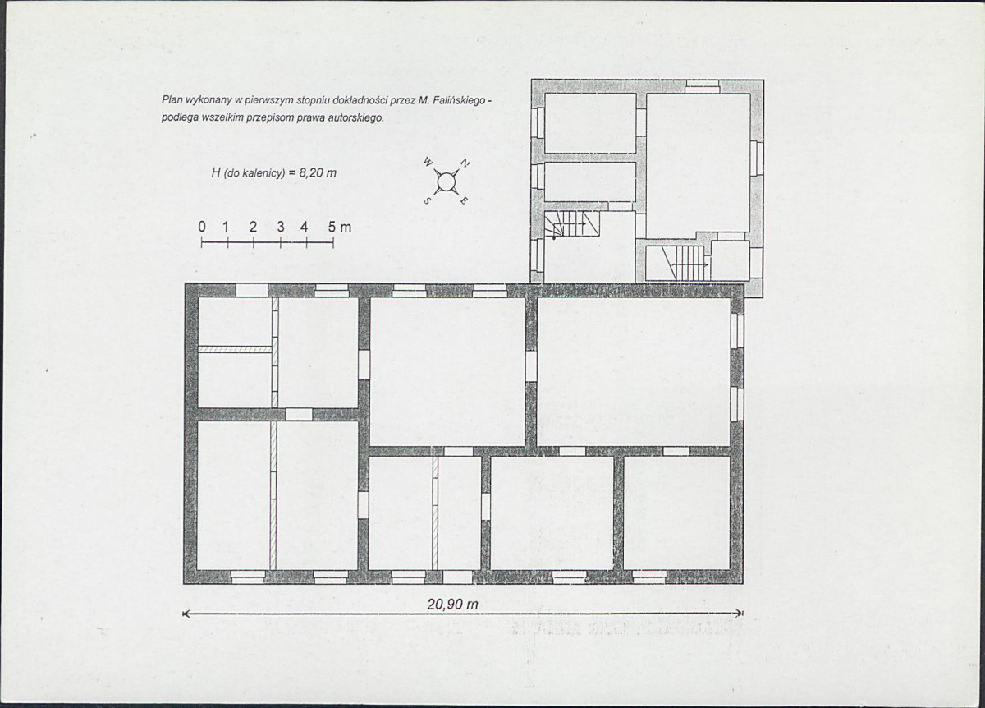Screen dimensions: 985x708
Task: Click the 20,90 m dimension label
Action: tap(452, 605)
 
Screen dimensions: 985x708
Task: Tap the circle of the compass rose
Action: tap(446, 182)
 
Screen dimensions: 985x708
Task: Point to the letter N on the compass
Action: tap(465, 163)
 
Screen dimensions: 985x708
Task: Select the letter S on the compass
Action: tap(427, 200)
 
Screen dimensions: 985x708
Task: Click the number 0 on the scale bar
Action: tap(202, 227)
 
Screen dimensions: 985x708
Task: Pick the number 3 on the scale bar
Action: tap(280, 227)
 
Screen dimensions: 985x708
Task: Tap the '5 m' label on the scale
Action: tap(340, 227)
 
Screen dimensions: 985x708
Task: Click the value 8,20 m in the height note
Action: tap(318, 173)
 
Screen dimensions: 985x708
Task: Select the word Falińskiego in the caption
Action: tap(459, 101)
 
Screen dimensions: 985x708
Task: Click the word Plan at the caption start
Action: tap(172, 100)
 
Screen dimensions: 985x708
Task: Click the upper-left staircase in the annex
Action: tap(571, 223)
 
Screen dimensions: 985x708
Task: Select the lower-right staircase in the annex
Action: tap(684, 263)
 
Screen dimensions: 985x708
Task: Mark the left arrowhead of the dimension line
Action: tap(186, 614)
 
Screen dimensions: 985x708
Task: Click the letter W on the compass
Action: tap(427, 163)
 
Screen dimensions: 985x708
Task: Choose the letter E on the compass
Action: tap(465, 200)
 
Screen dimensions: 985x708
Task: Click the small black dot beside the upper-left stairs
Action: tap(554, 238)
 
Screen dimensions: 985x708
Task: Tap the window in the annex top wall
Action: tap(703, 86)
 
